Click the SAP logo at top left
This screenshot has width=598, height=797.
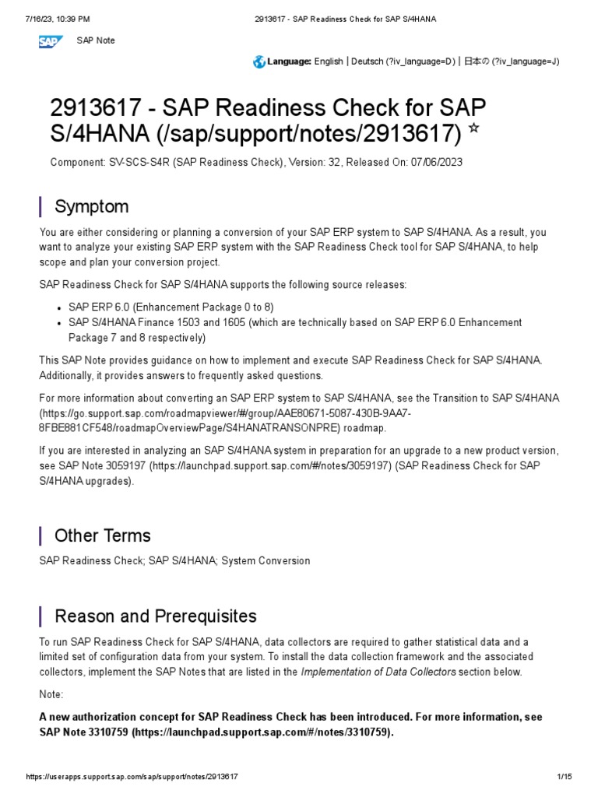[x=53, y=40]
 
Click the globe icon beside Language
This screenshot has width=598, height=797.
[x=259, y=61]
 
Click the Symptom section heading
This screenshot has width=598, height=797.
[x=91, y=206]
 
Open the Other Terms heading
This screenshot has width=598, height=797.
[x=102, y=535]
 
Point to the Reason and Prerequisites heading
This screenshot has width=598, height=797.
[x=155, y=616]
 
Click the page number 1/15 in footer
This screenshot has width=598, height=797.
[x=565, y=777]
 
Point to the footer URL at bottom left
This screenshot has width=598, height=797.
[x=132, y=777]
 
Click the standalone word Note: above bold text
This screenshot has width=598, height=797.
[x=51, y=693]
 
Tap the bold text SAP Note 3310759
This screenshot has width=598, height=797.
[x=83, y=732]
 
